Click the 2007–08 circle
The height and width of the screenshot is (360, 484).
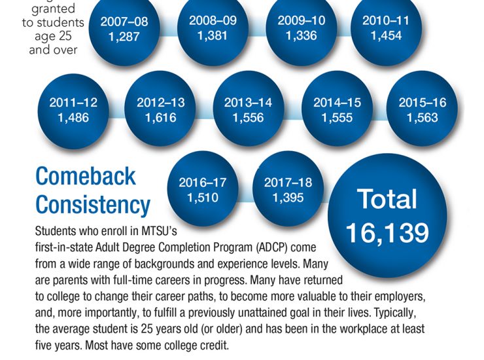click(124, 29)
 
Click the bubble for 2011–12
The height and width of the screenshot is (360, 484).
click(73, 110)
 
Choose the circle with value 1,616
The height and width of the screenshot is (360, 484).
click(160, 110)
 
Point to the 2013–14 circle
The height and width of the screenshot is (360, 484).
click(248, 110)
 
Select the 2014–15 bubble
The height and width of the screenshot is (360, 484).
click(337, 110)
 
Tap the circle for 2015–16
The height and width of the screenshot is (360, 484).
click(423, 110)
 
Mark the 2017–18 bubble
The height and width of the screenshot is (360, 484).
click(288, 190)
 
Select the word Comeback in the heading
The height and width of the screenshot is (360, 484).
click(86, 176)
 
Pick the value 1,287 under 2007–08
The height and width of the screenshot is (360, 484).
click(124, 37)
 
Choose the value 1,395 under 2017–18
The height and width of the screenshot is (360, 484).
click(288, 197)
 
